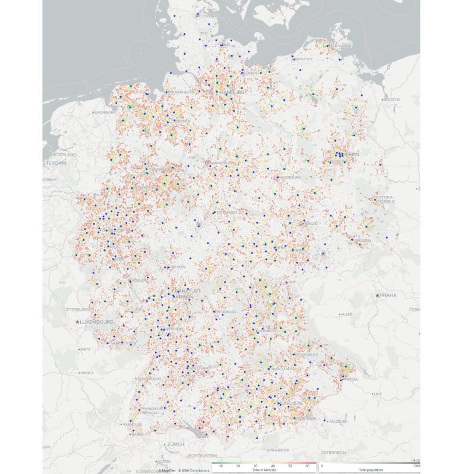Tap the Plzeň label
[347, 314]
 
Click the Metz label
[85, 349]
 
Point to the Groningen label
[104, 113]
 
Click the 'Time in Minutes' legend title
[264, 469]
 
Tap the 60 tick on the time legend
[307, 466]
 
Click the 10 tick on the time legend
[221, 466]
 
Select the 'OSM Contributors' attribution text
[194, 469]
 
